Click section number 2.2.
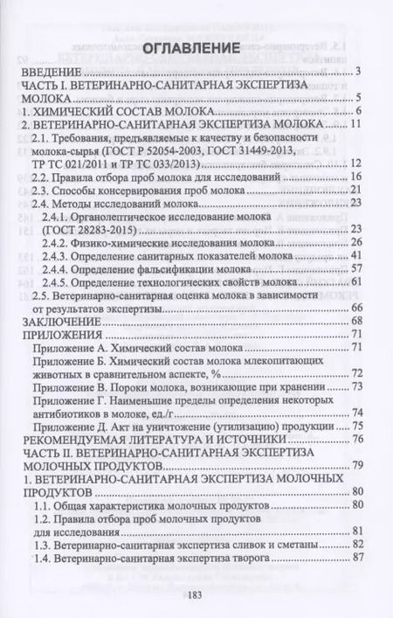[43, 177]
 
